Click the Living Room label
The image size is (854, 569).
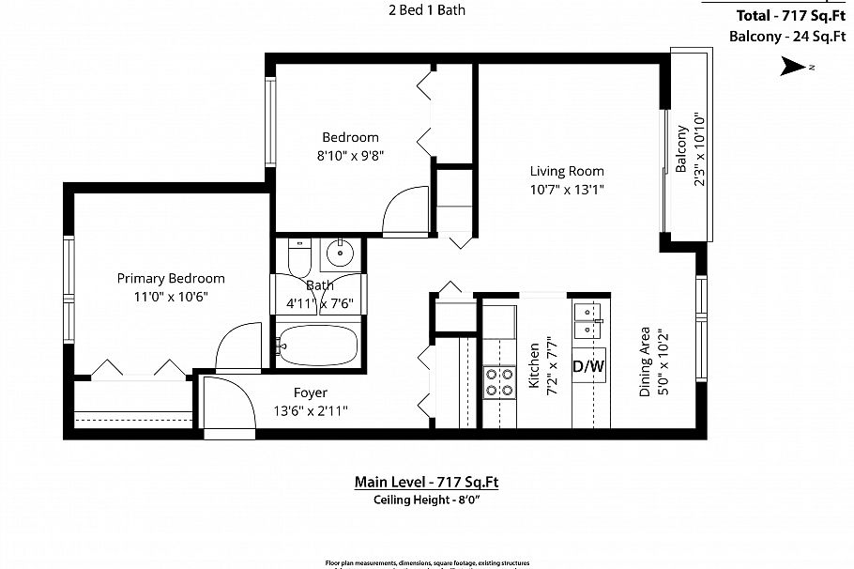click(x=566, y=171)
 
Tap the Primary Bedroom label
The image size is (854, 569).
click(x=170, y=278)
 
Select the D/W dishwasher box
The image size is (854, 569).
click(x=588, y=367)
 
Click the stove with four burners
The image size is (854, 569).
click(x=499, y=382)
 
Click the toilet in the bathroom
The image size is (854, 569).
click(x=298, y=255)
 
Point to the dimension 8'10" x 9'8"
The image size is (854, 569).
click(x=350, y=156)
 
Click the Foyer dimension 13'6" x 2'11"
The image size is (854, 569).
click(x=310, y=410)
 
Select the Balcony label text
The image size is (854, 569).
click(x=682, y=149)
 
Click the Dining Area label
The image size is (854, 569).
click(x=646, y=361)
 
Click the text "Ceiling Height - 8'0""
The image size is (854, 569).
click(x=426, y=500)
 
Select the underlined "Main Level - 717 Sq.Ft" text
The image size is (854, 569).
click(x=426, y=482)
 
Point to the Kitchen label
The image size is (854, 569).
click(x=534, y=366)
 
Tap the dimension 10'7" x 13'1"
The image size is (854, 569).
click(x=566, y=189)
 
